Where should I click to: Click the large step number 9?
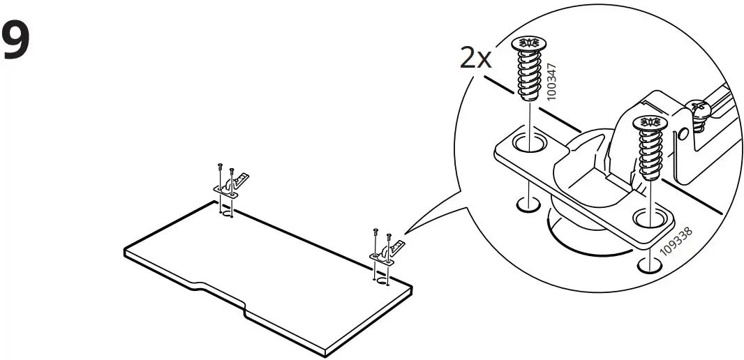[17, 42]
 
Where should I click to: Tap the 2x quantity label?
[475, 58]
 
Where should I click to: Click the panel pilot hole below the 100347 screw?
[528, 206]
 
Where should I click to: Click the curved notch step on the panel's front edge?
[197, 284]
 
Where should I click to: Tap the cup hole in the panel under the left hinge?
[226, 213]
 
